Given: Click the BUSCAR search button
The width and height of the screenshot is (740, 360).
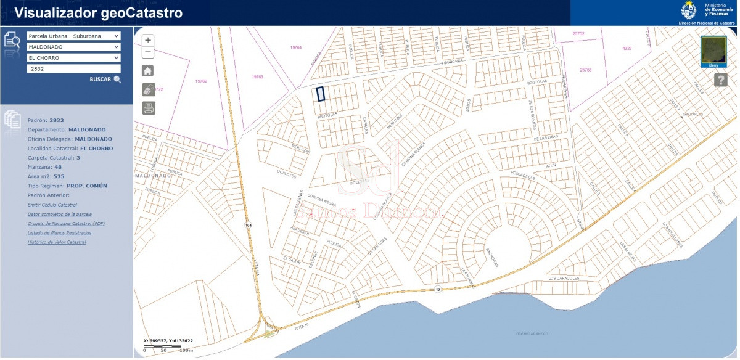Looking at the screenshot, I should [x=105, y=80].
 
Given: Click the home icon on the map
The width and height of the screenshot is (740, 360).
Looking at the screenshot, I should [x=148, y=70].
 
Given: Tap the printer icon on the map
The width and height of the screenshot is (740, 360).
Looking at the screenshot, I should [x=148, y=108].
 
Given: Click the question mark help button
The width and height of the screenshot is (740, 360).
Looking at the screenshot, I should [x=720, y=80].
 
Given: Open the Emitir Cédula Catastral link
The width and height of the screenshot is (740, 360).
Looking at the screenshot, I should [x=52, y=205].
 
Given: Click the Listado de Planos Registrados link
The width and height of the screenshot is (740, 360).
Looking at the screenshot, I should [x=59, y=233].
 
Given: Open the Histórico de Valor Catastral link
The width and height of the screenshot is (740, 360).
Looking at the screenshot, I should [x=57, y=242].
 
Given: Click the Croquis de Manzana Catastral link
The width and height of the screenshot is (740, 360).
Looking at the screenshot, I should [x=66, y=223].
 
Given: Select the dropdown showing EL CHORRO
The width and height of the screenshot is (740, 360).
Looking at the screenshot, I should [x=73, y=58].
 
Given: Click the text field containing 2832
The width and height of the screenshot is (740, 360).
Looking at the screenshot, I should [x=73, y=69].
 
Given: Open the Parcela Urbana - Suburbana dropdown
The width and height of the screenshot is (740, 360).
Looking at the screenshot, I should [x=73, y=36].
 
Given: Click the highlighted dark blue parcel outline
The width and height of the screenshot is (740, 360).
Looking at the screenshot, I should [x=321, y=94].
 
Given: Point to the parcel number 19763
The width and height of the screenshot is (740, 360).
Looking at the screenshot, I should [x=258, y=77].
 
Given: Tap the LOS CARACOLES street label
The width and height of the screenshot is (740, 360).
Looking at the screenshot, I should [x=564, y=279].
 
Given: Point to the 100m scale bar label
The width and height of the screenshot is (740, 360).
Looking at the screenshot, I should [x=186, y=350].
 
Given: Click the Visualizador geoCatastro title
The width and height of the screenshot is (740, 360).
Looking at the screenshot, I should [x=99, y=13].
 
